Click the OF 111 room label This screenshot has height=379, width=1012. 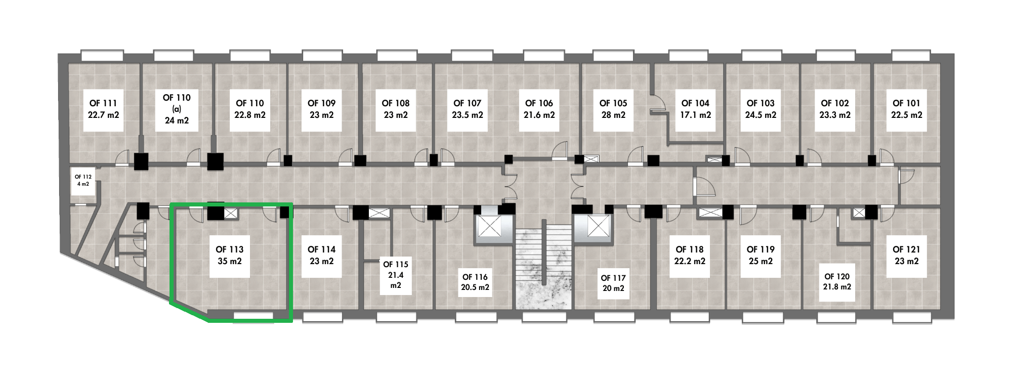[103, 109]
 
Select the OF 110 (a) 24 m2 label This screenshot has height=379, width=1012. [177, 109]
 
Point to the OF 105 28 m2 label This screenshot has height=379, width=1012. [613, 109]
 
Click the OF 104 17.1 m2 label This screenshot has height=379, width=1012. [695, 109]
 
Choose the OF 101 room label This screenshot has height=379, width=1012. [906, 109]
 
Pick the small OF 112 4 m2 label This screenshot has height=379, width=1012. [83, 181]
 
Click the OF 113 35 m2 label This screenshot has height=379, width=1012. [229, 255]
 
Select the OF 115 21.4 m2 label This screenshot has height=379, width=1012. [395, 275]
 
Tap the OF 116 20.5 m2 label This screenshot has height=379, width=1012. [475, 282]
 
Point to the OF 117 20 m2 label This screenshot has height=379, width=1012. [613, 283]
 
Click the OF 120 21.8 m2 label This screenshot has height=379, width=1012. [837, 282]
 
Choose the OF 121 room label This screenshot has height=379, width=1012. [906, 255]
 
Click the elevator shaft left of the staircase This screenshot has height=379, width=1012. [489, 227]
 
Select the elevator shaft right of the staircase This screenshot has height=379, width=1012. [598, 226]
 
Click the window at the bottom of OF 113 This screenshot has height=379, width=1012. [254, 317]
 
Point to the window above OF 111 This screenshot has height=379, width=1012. [103, 55]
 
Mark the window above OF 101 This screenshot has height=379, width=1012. [910, 55]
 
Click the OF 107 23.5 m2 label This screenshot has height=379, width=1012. [468, 109]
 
